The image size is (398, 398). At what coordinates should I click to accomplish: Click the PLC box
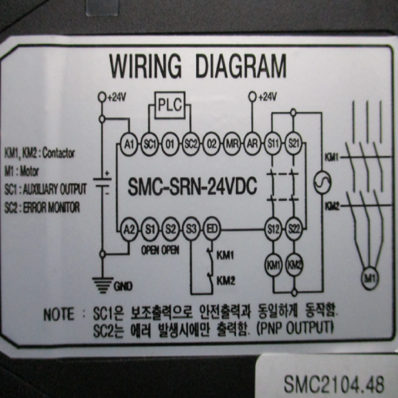(x=169, y=105)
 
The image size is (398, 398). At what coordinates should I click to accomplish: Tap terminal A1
(x=129, y=144)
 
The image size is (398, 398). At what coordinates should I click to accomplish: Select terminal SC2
(x=191, y=144)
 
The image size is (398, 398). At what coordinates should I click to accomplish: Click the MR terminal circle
(x=232, y=144)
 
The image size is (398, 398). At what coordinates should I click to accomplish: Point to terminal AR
(x=253, y=144)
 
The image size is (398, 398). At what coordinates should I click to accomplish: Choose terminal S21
(x=294, y=144)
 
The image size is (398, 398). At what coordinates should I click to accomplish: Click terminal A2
(x=129, y=230)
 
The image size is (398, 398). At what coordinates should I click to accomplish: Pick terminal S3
(x=191, y=230)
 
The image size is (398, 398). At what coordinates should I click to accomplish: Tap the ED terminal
(x=212, y=230)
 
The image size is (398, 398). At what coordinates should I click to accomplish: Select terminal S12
(x=273, y=230)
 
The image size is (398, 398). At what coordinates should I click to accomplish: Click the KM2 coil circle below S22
(x=294, y=266)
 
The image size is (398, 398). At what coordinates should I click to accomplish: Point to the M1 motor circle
(x=370, y=279)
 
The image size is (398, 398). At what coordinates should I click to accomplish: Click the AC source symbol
(x=322, y=183)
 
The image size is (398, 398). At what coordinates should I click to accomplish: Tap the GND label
(x=123, y=287)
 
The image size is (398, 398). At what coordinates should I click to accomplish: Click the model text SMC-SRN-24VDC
(x=192, y=187)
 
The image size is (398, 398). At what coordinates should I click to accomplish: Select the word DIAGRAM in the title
(x=241, y=65)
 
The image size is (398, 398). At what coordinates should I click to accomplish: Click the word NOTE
(x=59, y=314)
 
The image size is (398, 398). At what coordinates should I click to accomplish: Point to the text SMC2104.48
(x=333, y=384)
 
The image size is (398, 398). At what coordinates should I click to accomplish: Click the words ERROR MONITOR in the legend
(x=51, y=208)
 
